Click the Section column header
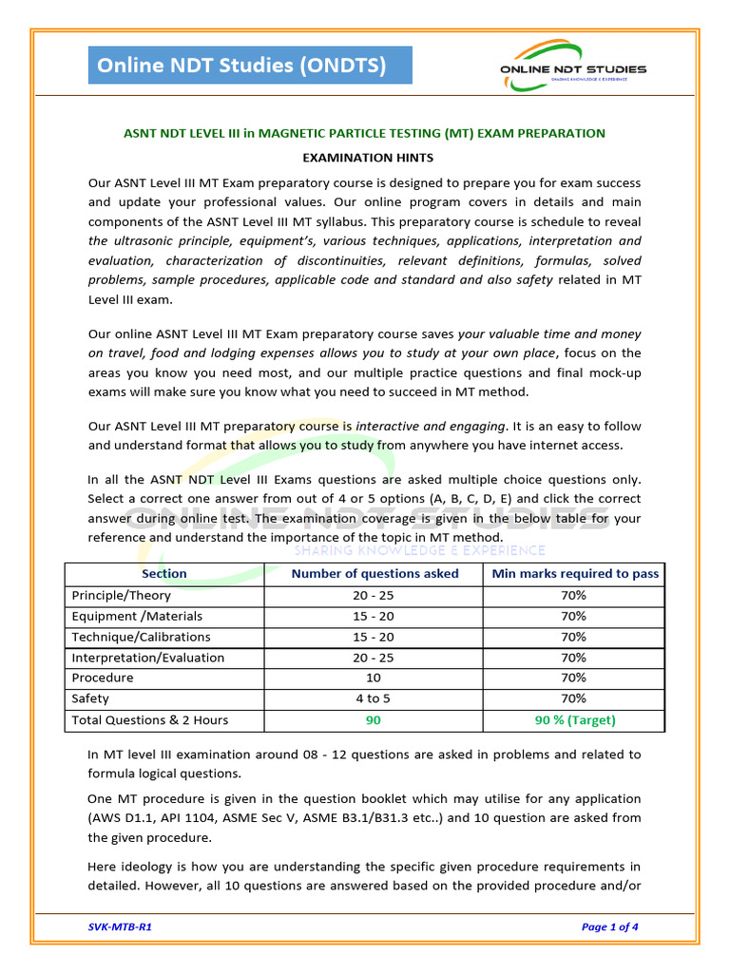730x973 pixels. (163, 574)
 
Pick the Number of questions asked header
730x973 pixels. (375, 574)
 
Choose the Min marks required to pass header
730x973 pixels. (574, 574)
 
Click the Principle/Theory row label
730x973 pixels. (122, 596)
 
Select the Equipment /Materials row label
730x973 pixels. (137, 617)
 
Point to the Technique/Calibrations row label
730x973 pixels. (141, 638)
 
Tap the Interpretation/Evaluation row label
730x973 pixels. (148, 658)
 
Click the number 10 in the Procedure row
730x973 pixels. (374, 678)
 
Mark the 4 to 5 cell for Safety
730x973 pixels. (374, 699)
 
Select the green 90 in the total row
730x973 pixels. (374, 720)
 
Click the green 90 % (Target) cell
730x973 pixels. (574, 720)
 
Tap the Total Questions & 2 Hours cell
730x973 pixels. (150, 720)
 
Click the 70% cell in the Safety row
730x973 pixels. (574, 699)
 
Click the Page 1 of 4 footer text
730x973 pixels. (609, 927)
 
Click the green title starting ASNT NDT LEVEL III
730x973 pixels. (364, 133)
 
